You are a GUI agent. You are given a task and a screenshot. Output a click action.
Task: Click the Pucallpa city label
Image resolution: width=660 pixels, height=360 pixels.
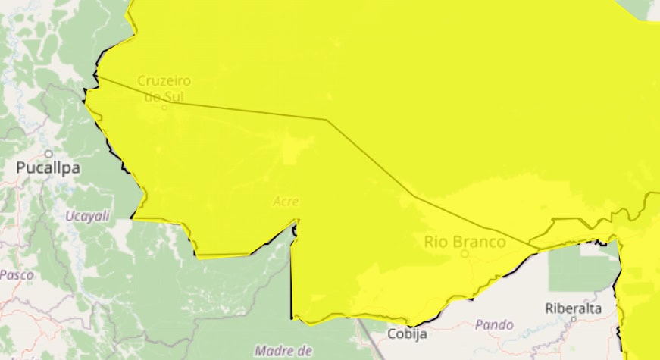(48, 168)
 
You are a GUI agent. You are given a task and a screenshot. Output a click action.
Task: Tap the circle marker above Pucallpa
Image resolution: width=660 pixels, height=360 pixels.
(48, 154)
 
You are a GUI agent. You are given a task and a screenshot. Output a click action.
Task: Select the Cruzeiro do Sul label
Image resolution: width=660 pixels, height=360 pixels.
(164, 88)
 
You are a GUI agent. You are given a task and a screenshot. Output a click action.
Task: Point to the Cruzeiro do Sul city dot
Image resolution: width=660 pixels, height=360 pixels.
(164, 107)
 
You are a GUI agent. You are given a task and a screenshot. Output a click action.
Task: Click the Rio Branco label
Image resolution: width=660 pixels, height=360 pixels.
(465, 242)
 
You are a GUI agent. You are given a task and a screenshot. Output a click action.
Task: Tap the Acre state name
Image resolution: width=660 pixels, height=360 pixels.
(286, 202)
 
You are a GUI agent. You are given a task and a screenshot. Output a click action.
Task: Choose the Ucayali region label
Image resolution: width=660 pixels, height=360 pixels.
(87, 216)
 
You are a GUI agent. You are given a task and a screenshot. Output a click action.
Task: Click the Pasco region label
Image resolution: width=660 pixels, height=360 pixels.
(16, 274)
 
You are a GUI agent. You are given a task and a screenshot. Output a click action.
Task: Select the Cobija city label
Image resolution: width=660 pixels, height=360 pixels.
(408, 333)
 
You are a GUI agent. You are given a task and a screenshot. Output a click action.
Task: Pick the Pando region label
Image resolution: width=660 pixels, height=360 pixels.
(494, 324)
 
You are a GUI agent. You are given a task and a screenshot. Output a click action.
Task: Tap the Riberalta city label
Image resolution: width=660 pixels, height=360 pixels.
(573, 308)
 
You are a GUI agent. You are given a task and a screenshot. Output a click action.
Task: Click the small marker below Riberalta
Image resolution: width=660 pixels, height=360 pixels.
(574, 319)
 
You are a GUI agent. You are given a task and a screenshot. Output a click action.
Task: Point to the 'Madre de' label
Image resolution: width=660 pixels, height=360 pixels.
(284, 350)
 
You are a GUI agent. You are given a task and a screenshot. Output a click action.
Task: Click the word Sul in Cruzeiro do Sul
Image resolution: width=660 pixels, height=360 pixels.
(175, 96)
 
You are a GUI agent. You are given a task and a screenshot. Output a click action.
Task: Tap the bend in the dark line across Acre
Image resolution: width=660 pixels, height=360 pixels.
(327, 120)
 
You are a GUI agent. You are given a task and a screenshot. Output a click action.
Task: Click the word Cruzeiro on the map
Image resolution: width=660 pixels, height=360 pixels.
(164, 80)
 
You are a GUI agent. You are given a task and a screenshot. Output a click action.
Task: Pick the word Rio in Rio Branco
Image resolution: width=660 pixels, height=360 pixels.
(436, 242)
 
